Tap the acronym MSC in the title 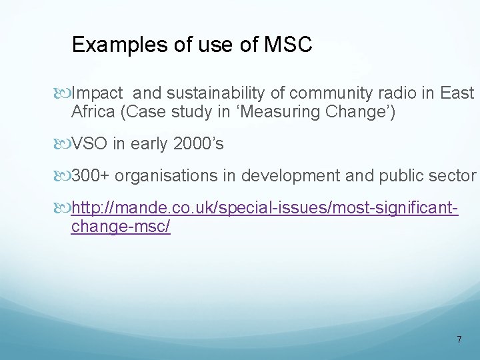(x=288, y=45)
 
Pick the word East (x=457, y=93)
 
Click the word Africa (x=93, y=111)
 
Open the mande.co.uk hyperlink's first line (x=264, y=209)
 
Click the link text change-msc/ (x=121, y=227)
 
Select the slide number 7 (x=459, y=339)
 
